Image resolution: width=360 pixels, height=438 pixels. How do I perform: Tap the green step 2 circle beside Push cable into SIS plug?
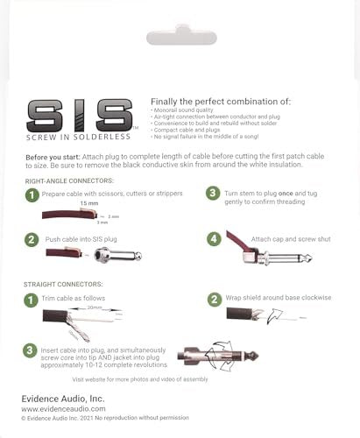coord(32,239)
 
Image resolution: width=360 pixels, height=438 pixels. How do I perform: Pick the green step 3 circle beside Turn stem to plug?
coord(211,193)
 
